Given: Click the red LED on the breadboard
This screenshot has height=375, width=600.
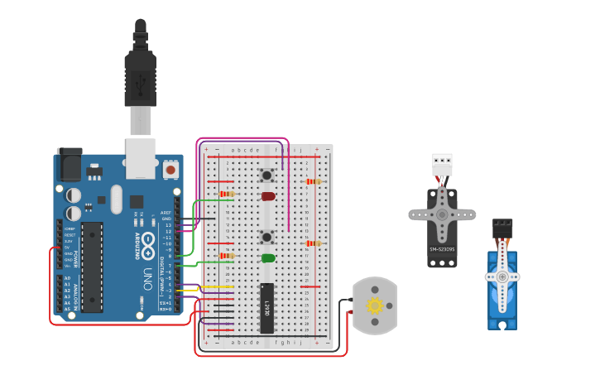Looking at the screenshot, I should coord(268,196).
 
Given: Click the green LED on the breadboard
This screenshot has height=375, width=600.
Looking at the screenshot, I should coord(268,258).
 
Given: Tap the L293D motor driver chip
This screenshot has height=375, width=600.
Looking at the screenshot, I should coord(267,307).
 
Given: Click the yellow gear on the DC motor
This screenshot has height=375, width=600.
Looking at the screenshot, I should coord(374,305).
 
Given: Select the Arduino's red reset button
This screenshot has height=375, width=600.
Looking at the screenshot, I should coord(170,169).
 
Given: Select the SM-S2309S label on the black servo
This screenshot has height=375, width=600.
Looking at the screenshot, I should coord(442,249).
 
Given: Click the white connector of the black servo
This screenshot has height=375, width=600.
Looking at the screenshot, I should coord(442,163).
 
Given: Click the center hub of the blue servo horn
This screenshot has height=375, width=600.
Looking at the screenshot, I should coord(502,276).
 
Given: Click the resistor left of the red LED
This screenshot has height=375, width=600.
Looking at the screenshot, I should coord(226,195).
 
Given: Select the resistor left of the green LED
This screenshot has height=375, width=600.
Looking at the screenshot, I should coord(226,257).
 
